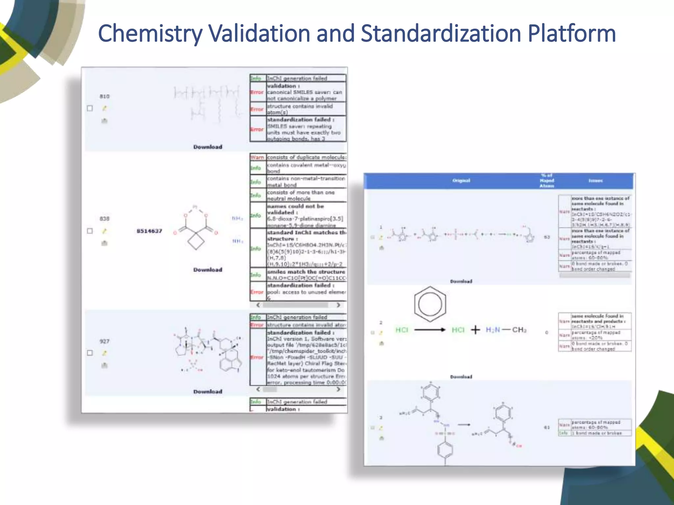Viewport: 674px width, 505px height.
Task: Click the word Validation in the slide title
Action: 259,34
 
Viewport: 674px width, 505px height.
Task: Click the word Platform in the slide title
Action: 572,34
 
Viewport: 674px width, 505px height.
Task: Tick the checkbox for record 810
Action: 90,108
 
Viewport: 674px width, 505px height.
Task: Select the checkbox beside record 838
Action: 90,231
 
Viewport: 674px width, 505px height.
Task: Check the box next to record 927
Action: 90,353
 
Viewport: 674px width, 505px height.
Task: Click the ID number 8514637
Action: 149,231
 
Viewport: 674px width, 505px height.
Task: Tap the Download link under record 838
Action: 208,270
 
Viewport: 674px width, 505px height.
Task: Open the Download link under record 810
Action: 208,147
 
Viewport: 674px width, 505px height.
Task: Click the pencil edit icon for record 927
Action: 104,353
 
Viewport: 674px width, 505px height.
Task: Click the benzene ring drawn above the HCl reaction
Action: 430,304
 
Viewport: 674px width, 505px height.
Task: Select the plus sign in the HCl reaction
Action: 475,330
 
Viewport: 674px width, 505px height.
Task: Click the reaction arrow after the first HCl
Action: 430,330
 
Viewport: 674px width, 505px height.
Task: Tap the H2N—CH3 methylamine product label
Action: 506,330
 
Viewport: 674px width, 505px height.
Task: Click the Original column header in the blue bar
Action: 461,180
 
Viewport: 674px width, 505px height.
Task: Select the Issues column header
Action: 595,180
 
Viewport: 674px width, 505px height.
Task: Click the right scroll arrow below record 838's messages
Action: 338,305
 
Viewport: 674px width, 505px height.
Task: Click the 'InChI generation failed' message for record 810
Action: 297,78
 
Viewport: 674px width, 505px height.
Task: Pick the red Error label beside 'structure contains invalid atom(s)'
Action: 257,109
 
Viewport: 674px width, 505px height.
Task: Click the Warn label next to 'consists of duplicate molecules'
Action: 257,157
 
